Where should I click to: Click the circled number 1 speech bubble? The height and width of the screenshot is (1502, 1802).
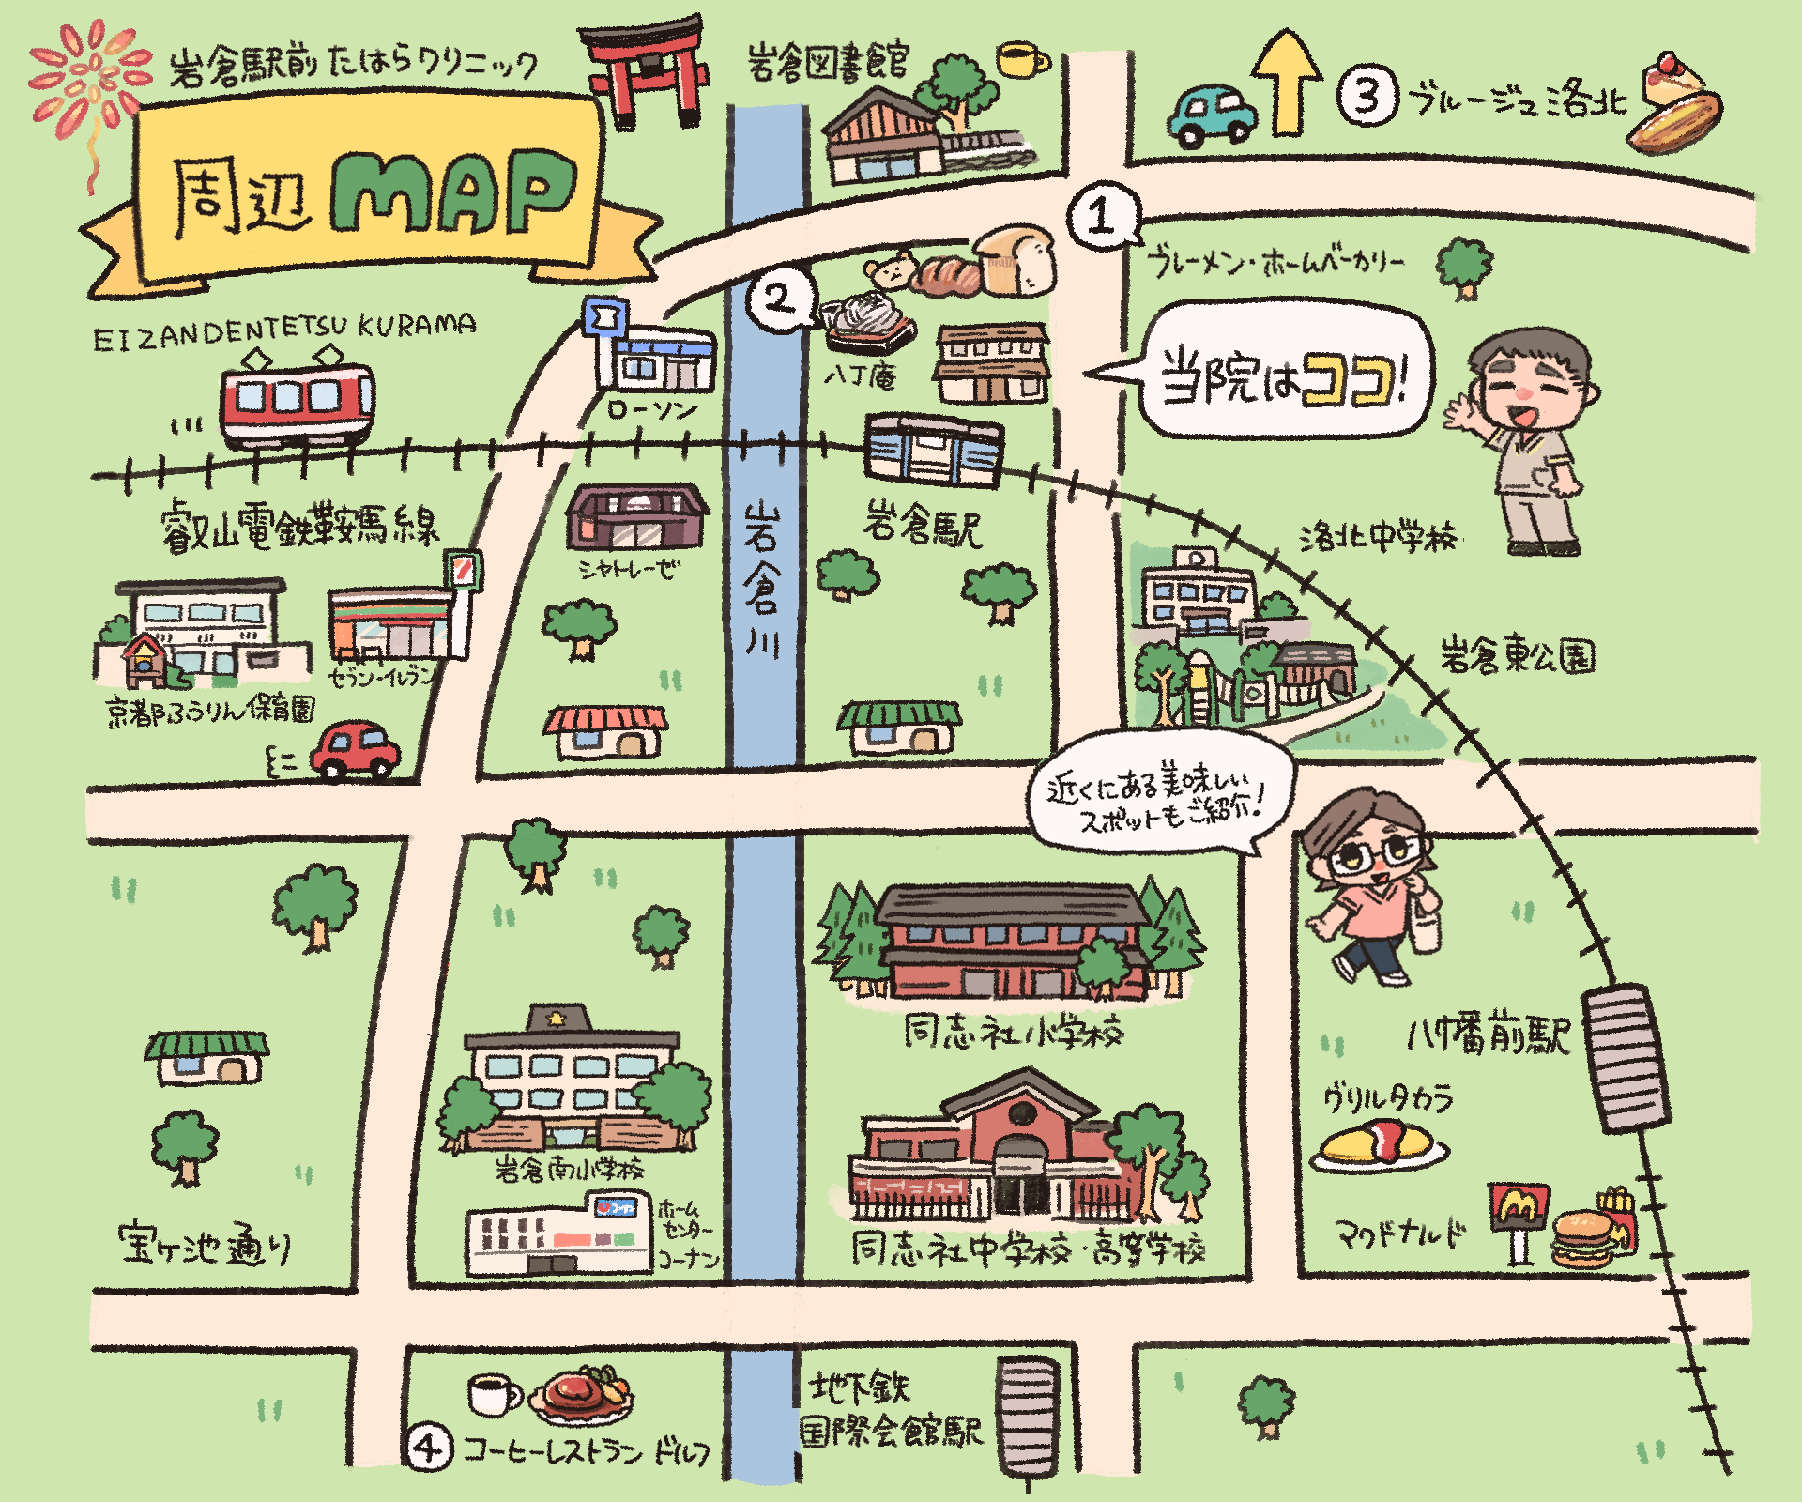(1102, 216)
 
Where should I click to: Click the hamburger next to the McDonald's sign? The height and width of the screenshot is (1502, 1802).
(1585, 1238)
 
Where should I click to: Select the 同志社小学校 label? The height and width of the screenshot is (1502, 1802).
(1013, 1033)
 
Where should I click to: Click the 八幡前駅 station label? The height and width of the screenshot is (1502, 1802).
(1487, 1036)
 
